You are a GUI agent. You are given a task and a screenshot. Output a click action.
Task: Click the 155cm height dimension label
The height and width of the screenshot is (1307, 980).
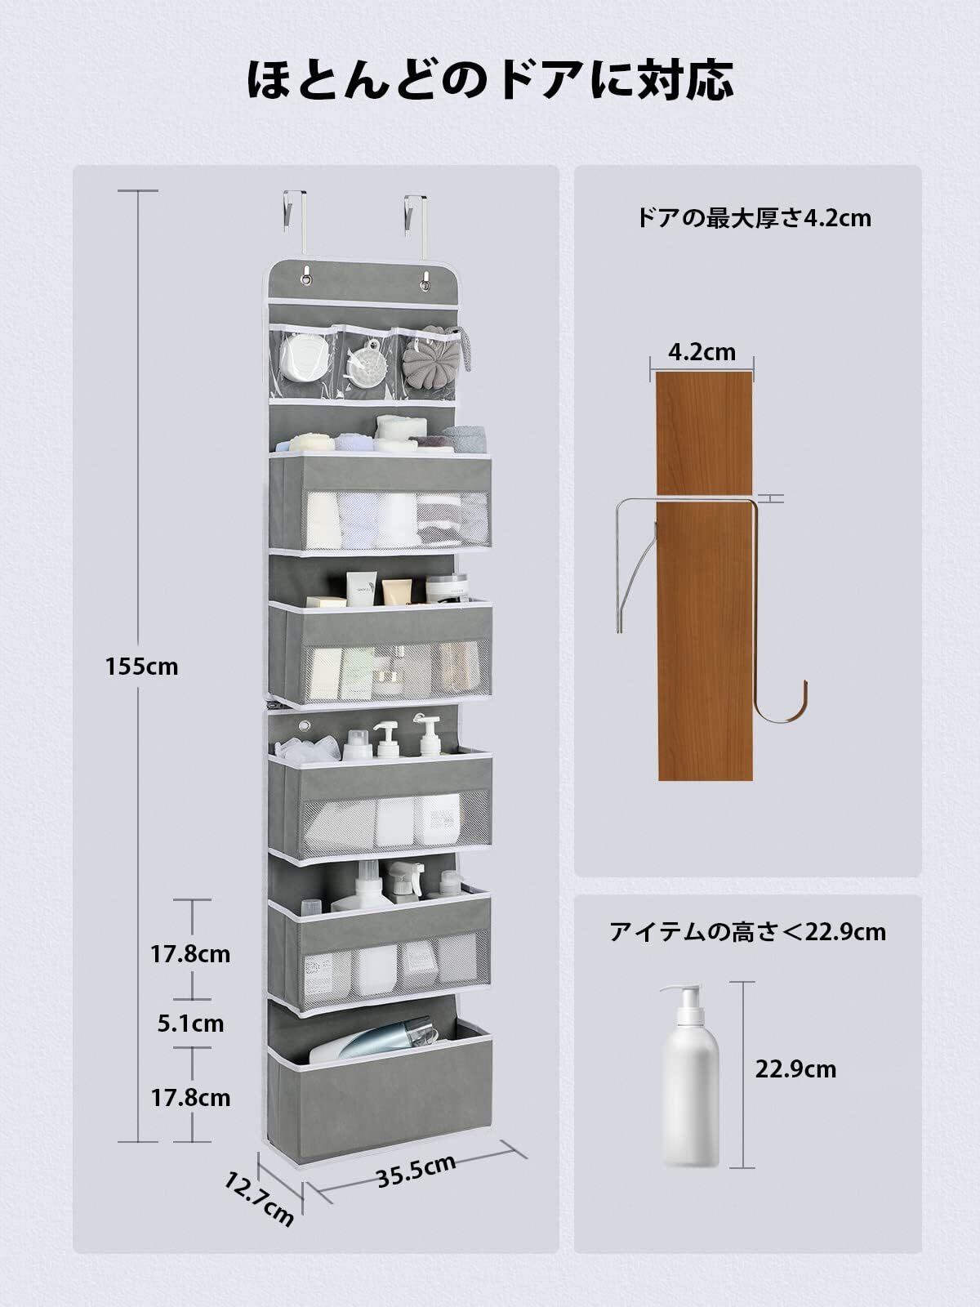(141, 667)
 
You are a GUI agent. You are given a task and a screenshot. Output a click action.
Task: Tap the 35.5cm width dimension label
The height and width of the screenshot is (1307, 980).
(416, 1171)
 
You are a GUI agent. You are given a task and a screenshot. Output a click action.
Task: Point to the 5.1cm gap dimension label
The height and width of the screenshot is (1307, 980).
(190, 1023)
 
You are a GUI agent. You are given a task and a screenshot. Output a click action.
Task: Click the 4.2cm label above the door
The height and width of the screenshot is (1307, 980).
(702, 352)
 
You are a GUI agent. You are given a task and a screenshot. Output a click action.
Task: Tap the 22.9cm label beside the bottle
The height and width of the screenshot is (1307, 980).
(795, 1068)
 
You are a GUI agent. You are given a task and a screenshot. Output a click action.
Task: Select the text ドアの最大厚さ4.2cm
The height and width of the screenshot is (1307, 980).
(753, 218)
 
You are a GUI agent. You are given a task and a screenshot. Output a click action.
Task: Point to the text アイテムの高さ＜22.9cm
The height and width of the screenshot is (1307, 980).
(747, 931)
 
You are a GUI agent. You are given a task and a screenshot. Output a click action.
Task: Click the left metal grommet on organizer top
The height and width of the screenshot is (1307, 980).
(310, 282)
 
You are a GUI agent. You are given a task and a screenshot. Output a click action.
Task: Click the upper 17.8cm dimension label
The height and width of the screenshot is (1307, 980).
(190, 953)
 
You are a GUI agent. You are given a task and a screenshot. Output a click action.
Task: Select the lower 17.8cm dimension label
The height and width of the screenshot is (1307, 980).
(190, 1097)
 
